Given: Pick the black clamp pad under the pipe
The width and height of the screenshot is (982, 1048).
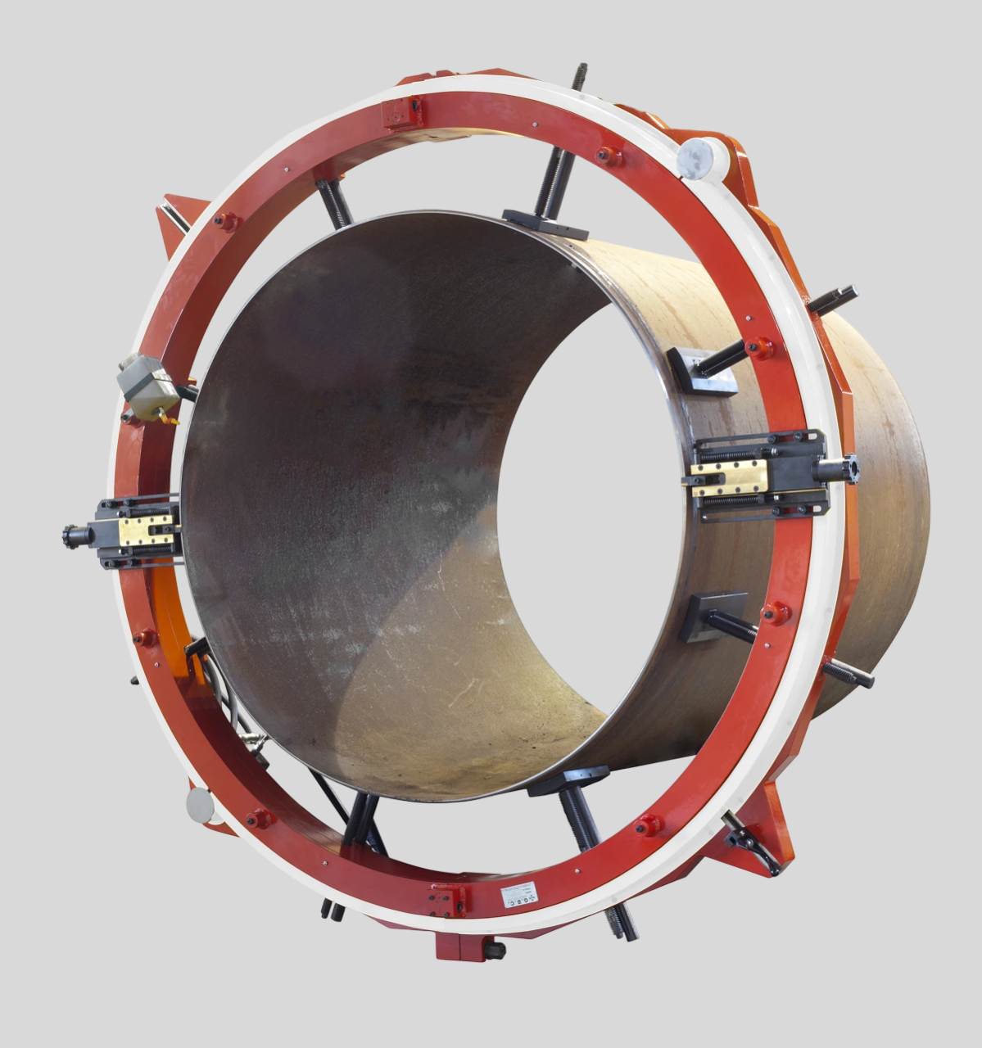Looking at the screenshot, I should click(569, 781).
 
